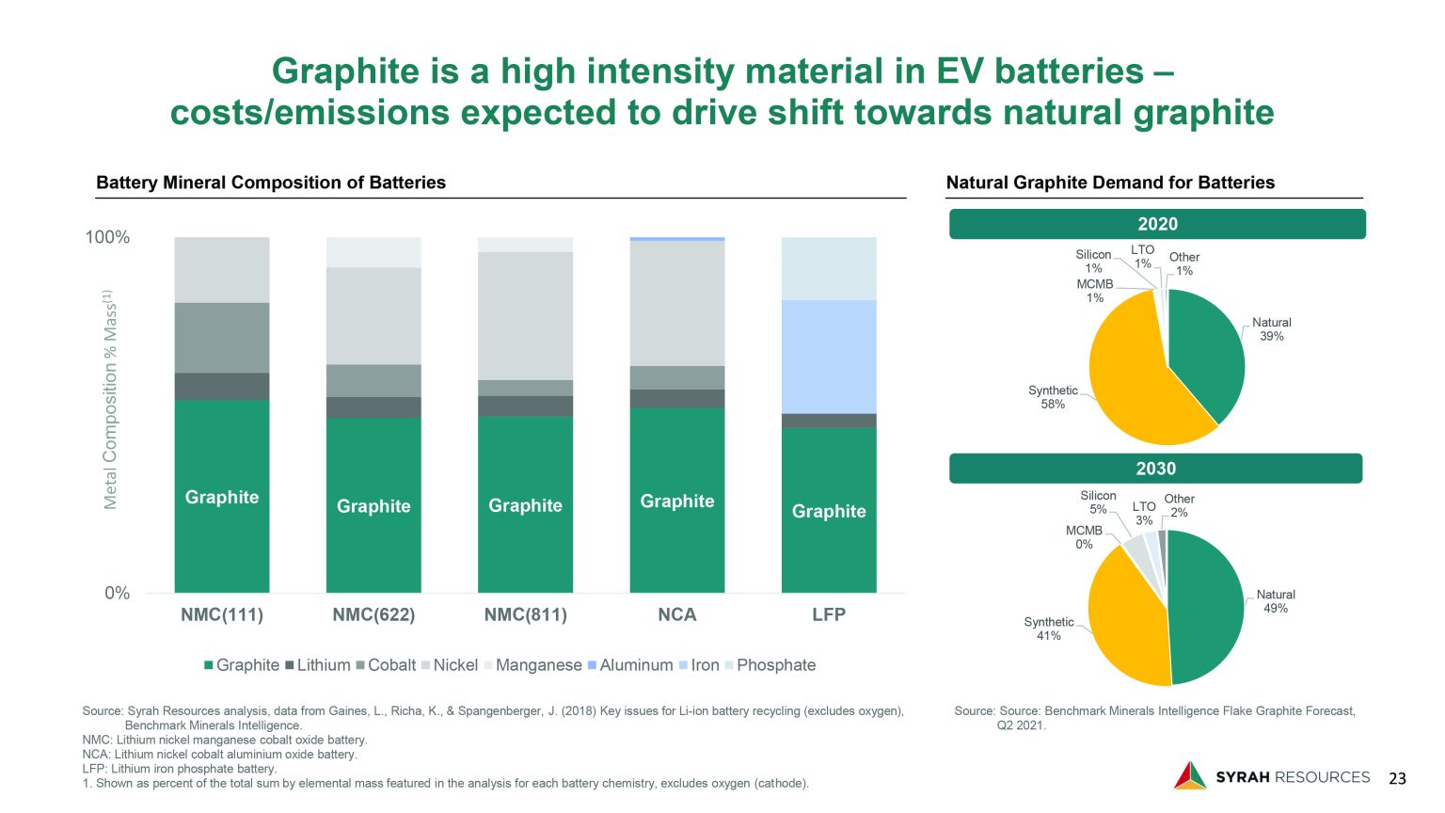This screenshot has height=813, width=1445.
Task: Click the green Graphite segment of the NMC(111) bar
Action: point(221,496)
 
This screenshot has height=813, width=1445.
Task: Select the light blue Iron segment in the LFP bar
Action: point(828,357)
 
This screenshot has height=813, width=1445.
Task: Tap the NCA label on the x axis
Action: point(676,615)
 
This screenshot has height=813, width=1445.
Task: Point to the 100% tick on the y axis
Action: point(107,237)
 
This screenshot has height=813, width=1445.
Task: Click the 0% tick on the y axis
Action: point(117,594)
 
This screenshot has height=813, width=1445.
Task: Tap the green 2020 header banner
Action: point(1156,224)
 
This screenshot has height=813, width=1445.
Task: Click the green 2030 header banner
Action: point(1155,469)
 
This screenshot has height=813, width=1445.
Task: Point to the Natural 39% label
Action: point(1271,329)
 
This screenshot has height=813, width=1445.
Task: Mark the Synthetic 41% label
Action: point(1048,629)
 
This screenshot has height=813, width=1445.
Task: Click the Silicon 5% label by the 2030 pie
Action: point(1098,502)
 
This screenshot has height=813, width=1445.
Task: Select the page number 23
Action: point(1397,778)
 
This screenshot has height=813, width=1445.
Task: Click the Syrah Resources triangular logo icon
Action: point(1189,775)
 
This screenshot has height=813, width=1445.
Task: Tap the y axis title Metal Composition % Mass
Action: point(110,400)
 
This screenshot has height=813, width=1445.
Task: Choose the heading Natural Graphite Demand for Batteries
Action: point(1110,183)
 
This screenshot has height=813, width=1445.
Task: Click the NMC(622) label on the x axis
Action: point(373,615)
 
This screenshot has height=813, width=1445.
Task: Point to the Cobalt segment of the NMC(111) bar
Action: point(221,337)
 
